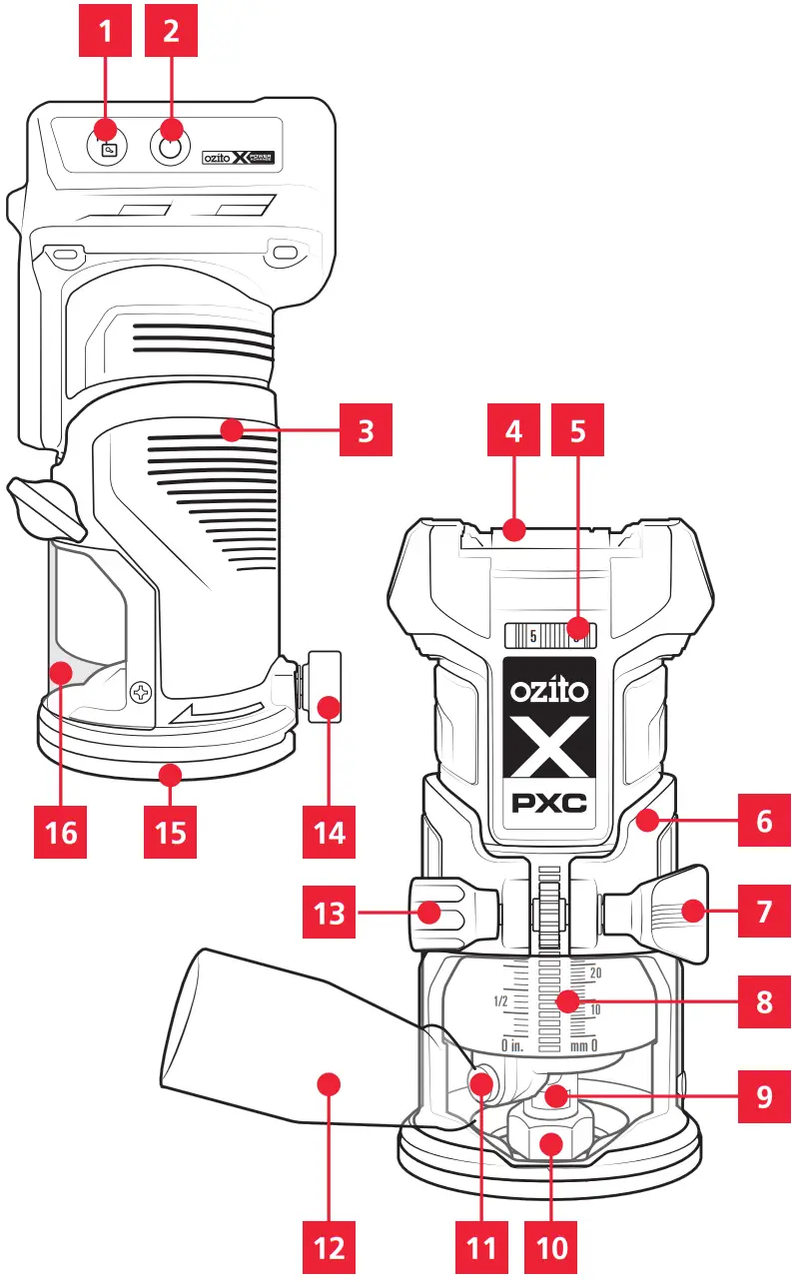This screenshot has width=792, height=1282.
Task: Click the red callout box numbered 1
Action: [105, 30]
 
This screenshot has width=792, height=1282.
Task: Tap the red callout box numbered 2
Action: [171, 30]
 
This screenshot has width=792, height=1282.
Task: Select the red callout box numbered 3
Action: [365, 431]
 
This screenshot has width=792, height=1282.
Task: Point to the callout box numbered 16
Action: [61, 831]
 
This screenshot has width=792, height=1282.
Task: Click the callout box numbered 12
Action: [329, 1246]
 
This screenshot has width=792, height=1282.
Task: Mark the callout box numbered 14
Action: [329, 831]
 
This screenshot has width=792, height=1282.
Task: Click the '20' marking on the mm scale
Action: [596, 971]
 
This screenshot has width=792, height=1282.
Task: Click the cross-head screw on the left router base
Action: [141, 690]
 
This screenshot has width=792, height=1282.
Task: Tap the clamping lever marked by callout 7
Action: [669, 910]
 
